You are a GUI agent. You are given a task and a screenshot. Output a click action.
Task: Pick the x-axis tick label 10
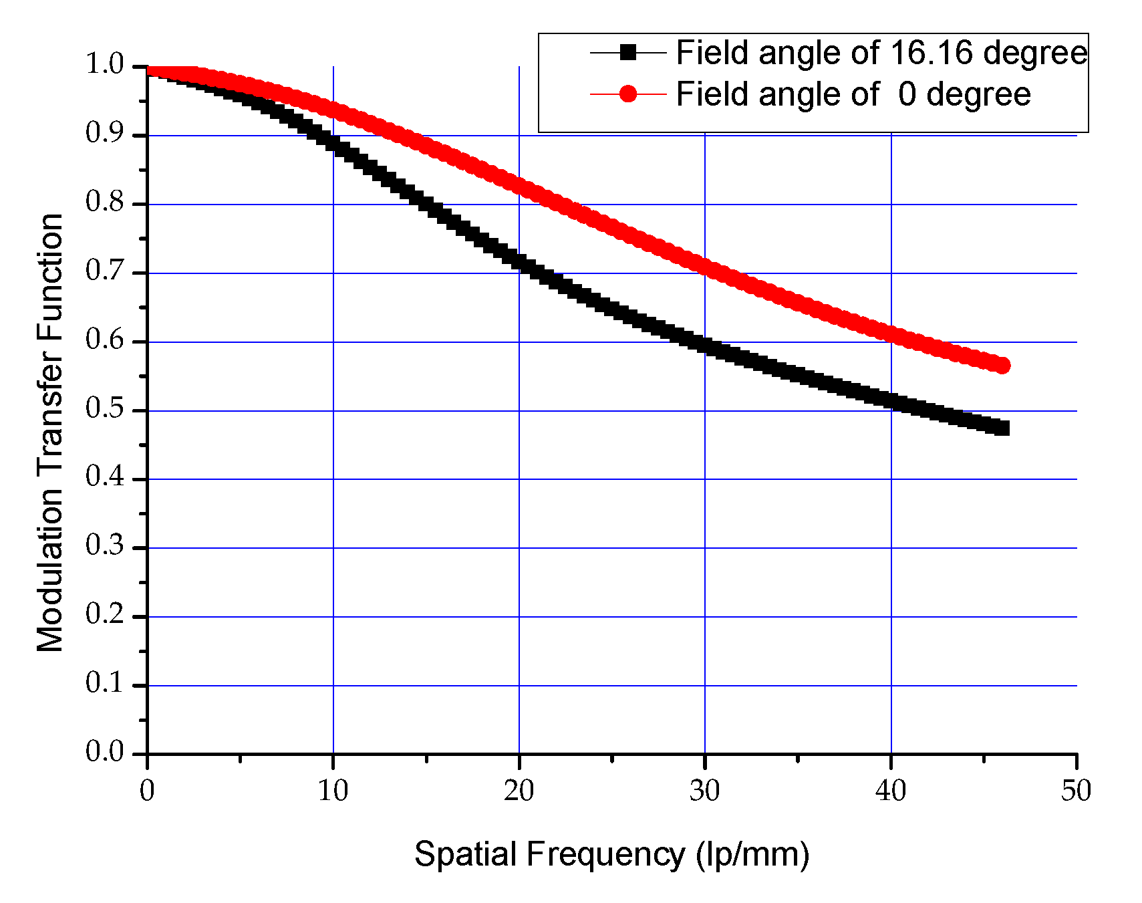tap(333, 791)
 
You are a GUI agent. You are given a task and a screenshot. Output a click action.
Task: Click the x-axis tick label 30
tap(704, 791)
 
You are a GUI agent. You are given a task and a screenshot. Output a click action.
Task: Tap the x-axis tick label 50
tap(1076, 791)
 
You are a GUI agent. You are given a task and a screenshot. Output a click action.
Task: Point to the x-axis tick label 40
tap(891, 791)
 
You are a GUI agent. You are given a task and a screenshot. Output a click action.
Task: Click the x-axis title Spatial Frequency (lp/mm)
tap(611, 854)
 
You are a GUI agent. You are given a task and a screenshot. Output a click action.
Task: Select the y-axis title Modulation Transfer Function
tap(50, 432)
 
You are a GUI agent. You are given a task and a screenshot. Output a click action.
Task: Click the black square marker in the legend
tap(627, 52)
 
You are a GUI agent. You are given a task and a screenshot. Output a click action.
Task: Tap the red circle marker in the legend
tap(627, 94)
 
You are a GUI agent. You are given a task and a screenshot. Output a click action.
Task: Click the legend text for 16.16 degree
tap(881, 53)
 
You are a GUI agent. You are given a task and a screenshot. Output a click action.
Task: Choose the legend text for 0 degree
tap(853, 94)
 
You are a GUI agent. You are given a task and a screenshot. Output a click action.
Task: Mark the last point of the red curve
tap(1002, 365)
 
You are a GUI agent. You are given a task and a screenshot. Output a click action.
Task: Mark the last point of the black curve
tap(1002, 428)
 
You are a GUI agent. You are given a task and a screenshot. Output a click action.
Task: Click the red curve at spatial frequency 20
tap(519, 184)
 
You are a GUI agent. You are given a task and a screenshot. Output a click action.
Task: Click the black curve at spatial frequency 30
tap(704, 346)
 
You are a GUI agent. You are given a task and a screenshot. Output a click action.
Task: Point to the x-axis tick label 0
tap(147, 791)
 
